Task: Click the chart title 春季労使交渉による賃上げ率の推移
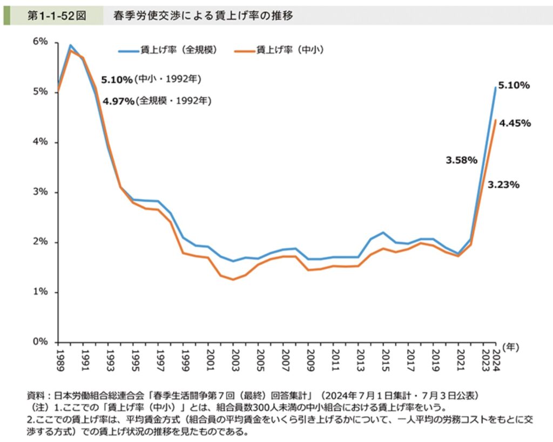pyautogui.click(x=203, y=16)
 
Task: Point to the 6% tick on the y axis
pyautogui.click(x=42, y=42)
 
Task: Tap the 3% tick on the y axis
pyautogui.click(x=42, y=192)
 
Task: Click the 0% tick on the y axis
pyautogui.click(x=42, y=342)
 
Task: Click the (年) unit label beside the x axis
pyautogui.click(x=510, y=348)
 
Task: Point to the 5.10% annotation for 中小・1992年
pyautogui.click(x=117, y=80)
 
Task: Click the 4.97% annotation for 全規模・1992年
pyautogui.click(x=118, y=101)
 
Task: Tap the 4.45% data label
pyautogui.click(x=515, y=123)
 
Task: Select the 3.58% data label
pyautogui.click(x=461, y=160)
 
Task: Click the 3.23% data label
pyautogui.click(x=503, y=185)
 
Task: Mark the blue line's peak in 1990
pyautogui.click(x=70, y=45)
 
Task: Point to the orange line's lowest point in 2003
pyautogui.click(x=233, y=280)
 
